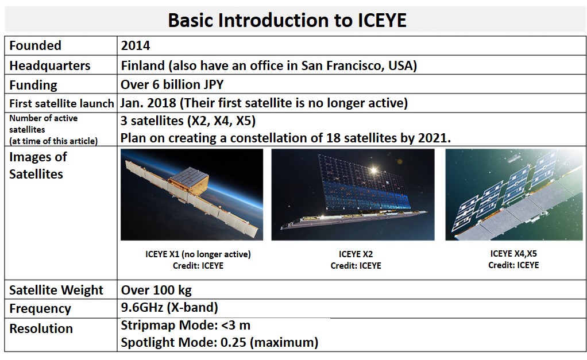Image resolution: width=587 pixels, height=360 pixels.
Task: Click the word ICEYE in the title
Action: pos(382,20)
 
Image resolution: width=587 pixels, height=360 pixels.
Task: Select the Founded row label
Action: pos(35,46)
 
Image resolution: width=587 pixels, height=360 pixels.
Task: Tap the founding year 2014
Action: pos(136,46)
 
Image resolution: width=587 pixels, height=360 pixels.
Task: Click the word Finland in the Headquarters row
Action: pos(142,65)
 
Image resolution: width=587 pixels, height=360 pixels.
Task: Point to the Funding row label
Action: pos(33,85)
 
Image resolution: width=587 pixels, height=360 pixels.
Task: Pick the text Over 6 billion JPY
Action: pos(172,84)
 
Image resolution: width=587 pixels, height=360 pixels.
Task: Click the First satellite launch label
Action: pos(61,103)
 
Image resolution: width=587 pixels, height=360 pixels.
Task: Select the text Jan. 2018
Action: pos(148,103)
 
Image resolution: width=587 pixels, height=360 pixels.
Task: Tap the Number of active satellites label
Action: pos(53,130)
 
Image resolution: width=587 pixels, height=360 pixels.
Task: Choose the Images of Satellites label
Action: pos(38,165)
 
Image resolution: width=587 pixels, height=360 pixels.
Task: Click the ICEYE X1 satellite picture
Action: pos(192,195)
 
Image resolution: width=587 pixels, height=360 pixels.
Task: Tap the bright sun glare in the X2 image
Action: pos(373,171)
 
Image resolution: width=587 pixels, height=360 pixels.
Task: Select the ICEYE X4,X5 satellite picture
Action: pos(514,195)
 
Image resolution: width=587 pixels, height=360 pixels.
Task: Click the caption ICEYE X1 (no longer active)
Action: pos(198,254)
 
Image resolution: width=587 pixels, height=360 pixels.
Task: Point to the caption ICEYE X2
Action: pos(356,254)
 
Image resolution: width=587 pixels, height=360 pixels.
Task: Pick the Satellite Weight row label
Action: pos(56,290)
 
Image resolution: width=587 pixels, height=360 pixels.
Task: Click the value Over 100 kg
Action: pos(156,290)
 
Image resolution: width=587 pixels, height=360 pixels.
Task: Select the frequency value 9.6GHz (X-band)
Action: pos(169,308)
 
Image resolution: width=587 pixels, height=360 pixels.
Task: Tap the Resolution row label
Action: pos(41,328)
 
